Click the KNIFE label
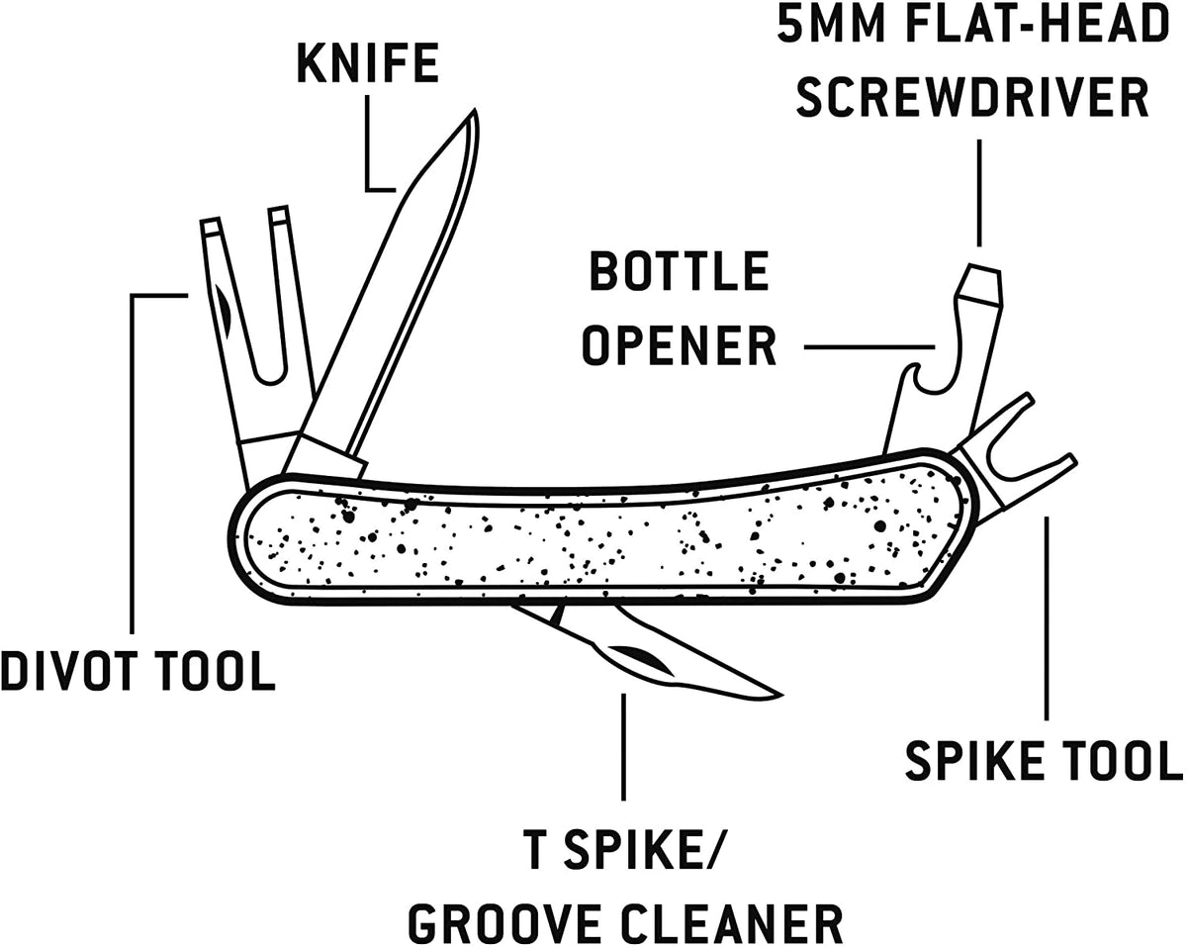tap(367, 63)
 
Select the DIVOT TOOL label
tap(137, 671)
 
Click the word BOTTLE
tap(679, 272)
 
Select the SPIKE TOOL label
tap(1044, 760)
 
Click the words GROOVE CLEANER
tap(625, 924)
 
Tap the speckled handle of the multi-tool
tap(593, 539)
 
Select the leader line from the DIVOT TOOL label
tap(133, 445)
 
